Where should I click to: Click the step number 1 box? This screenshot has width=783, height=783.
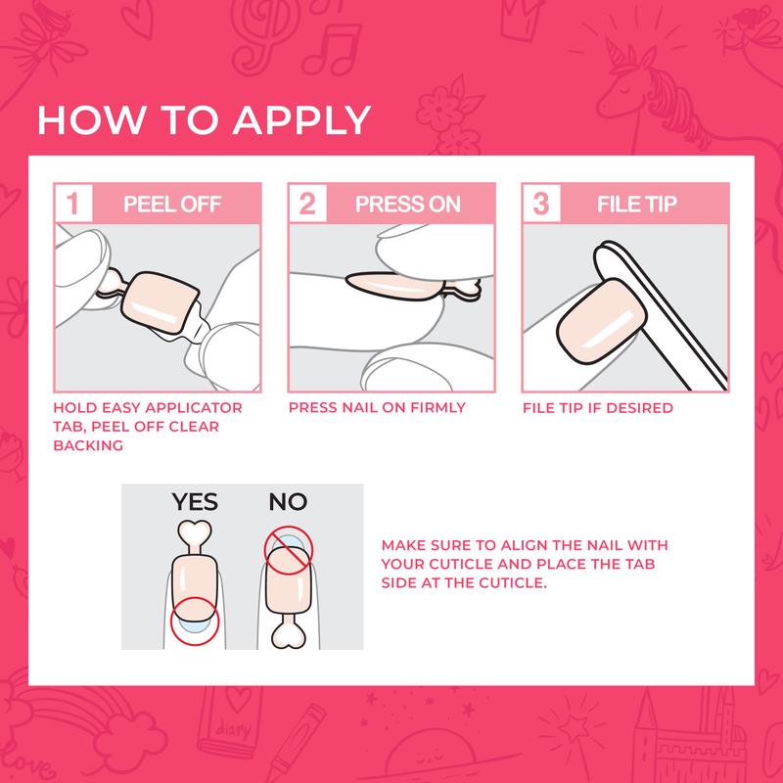pos(72,205)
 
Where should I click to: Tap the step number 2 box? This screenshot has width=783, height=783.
pos(306,205)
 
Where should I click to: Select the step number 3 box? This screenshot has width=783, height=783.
pos(539,205)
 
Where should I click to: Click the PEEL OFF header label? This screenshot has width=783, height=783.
pos(172,205)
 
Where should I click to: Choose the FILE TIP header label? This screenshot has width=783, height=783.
pos(636,205)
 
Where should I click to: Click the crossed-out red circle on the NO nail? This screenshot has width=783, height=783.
pos(288,551)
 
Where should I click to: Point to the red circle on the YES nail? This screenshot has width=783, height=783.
pos(195,624)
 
